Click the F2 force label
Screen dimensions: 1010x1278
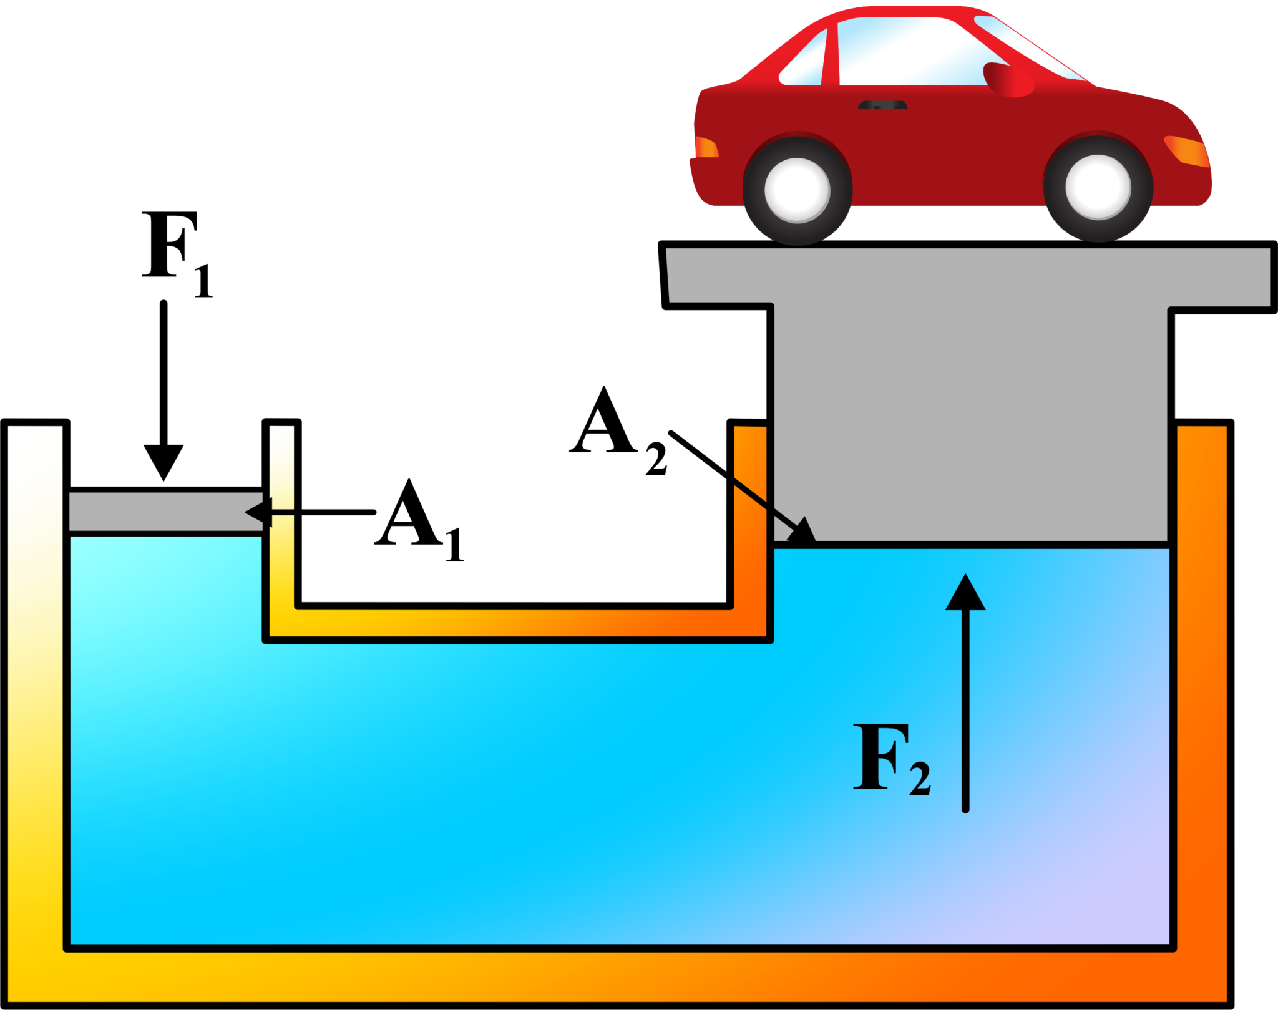pos(891,759)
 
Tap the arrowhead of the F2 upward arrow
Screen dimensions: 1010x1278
pos(965,593)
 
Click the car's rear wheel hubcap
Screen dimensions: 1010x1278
pos(797,190)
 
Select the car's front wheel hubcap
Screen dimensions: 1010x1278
pos(1098,187)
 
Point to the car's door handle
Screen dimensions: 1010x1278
pos(882,105)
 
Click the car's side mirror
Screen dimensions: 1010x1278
pos(1007,80)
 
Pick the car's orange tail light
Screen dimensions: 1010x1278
pos(706,148)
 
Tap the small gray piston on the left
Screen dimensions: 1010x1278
pos(165,512)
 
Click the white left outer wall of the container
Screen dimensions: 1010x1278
pos(34,624)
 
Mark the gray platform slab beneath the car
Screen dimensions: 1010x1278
pos(967,274)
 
